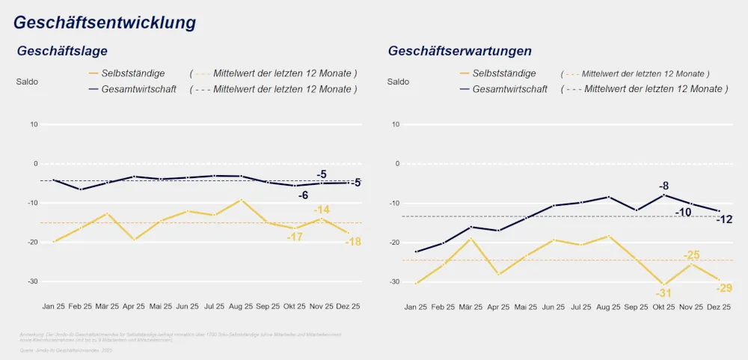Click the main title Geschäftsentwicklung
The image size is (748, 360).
(x=105, y=22)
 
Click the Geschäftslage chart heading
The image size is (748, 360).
(x=62, y=51)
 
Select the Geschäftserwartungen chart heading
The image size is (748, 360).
(x=459, y=51)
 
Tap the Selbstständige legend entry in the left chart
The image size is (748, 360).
(x=137, y=73)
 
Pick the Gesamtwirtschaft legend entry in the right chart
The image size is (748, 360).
(x=511, y=88)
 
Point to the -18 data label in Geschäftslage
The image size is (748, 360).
(x=352, y=242)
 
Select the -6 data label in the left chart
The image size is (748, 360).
(x=303, y=195)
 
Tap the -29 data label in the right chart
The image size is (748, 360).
(x=723, y=288)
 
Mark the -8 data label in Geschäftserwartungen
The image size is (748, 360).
(x=663, y=186)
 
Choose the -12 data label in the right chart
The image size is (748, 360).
(x=723, y=219)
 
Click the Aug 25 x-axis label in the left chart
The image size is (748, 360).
(x=241, y=306)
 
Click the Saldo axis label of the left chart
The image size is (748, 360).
(x=27, y=82)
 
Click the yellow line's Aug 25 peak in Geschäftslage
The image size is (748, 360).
(x=240, y=200)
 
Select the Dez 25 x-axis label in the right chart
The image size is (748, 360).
(x=718, y=306)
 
